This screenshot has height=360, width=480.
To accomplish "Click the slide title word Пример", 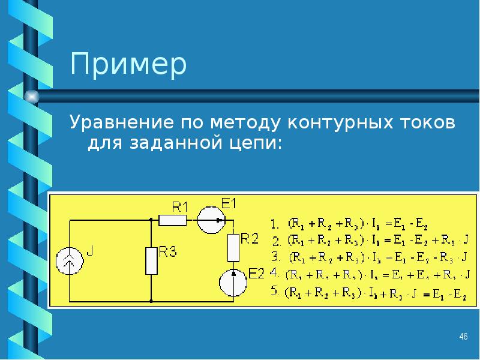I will (x=128, y=65).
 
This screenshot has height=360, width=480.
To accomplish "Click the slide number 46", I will (x=463, y=336).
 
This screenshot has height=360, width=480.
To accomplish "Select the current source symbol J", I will (x=70, y=261).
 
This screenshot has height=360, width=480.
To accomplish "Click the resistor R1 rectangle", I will (x=173, y=220).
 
